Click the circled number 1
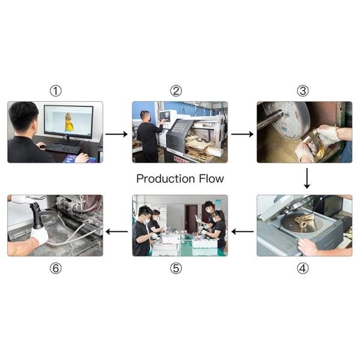[x=56, y=91]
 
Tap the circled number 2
[x=176, y=91]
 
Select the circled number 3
[x=303, y=91]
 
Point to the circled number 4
[x=303, y=268]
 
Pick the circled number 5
[x=176, y=268]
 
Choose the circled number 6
[x=56, y=268]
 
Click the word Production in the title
[x=166, y=179]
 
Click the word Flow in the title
[x=211, y=179]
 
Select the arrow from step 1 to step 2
[x=116, y=134]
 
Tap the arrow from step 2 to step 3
[x=242, y=134]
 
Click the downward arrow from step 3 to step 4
[x=307, y=178]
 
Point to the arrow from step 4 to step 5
[x=242, y=232]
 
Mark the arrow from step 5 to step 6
[x=116, y=232]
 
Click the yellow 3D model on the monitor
[x=68, y=122]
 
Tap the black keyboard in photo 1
[x=62, y=148]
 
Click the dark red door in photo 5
[x=191, y=218]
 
